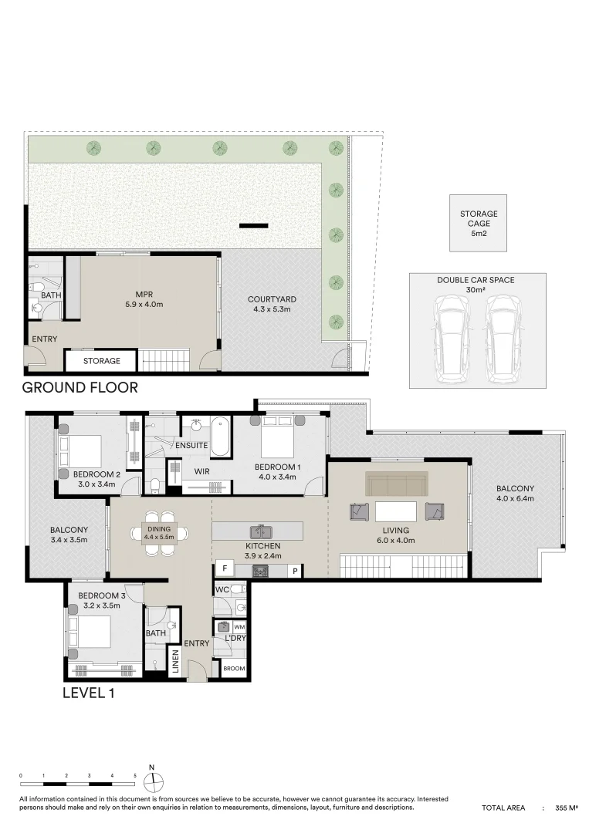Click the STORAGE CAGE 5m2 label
coord(479,223)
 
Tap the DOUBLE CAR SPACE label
coord(476,280)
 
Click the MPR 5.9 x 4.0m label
coord(144,299)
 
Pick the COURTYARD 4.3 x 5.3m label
coord(272,304)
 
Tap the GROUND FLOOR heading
coord(80,388)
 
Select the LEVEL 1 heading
coord(88,693)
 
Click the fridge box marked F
coord(225,568)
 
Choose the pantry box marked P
coord(295,571)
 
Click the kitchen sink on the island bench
coord(261,531)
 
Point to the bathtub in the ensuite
coord(221,437)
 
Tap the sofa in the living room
coord(396,484)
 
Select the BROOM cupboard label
coord(234,668)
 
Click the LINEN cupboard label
coord(175,662)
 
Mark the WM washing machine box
coord(239,627)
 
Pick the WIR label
coord(202,471)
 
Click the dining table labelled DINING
coord(159,533)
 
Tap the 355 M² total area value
coord(567,808)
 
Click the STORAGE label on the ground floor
coord(102,361)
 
